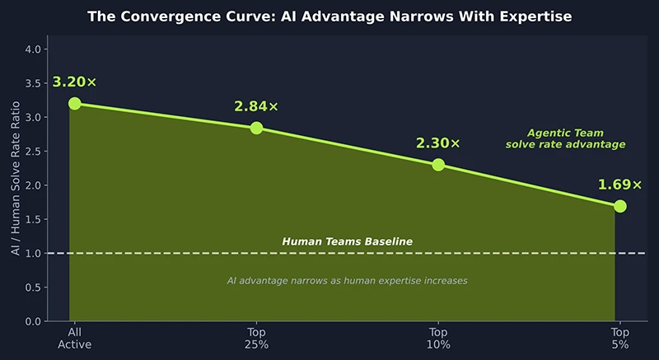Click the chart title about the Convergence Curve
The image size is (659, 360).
[x=329, y=16]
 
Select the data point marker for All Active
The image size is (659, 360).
[x=74, y=103]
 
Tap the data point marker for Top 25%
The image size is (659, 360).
[x=256, y=128]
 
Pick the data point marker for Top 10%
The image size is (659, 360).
[x=438, y=165]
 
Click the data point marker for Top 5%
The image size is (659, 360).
[x=620, y=206]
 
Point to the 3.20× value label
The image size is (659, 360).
[x=74, y=82]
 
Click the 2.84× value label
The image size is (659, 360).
[x=256, y=106]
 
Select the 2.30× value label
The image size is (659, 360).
[x=438, y=143]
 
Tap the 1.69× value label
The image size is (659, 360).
[x=619, y=184]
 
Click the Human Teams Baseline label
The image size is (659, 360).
[x=347, y=241]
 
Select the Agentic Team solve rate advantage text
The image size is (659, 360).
[x=564, y=138]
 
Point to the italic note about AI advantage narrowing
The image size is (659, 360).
[x=347, y=281]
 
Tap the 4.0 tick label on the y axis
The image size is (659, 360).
[x=33, y=49]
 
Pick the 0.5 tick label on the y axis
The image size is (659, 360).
[x=33, y=287]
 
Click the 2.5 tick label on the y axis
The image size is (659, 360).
[x=33, y=151]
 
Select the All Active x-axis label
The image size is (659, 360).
[x=74, y=338]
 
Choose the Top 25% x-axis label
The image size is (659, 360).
[x=256, y=338]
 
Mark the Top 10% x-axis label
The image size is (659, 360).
[x=438, y=338]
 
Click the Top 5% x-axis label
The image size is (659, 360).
[x=620, y=338]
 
